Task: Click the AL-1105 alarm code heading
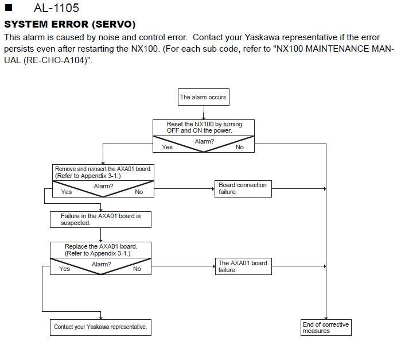click(x=56, y=8)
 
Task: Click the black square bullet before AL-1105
click(x=9, y=7)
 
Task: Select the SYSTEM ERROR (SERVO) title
click(x=70, y=24)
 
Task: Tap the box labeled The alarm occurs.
click(x=204, y=97)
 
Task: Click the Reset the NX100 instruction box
click(x=204, y=127)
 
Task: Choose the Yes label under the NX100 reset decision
click(x=167, y=147)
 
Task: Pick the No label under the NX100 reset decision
click(x=239, y=147)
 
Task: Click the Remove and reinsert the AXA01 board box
click(x=103, y=172)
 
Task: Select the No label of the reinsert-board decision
click(x=139, y=192)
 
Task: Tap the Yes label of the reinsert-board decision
click(x=67, y=192)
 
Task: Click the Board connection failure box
click(x=243, y=189)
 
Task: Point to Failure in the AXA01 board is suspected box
click(x=100, y=219)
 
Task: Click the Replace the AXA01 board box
click(x=100, y=250)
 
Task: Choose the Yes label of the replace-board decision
click(x=65, y=269)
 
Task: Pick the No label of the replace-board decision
click(x=137, y=269)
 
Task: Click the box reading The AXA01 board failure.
click(x=243, y=266)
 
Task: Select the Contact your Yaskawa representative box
click(x=100, y=327)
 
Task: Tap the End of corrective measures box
click(x=326, y=327)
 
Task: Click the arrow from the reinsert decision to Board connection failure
click(x=184, y=189)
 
